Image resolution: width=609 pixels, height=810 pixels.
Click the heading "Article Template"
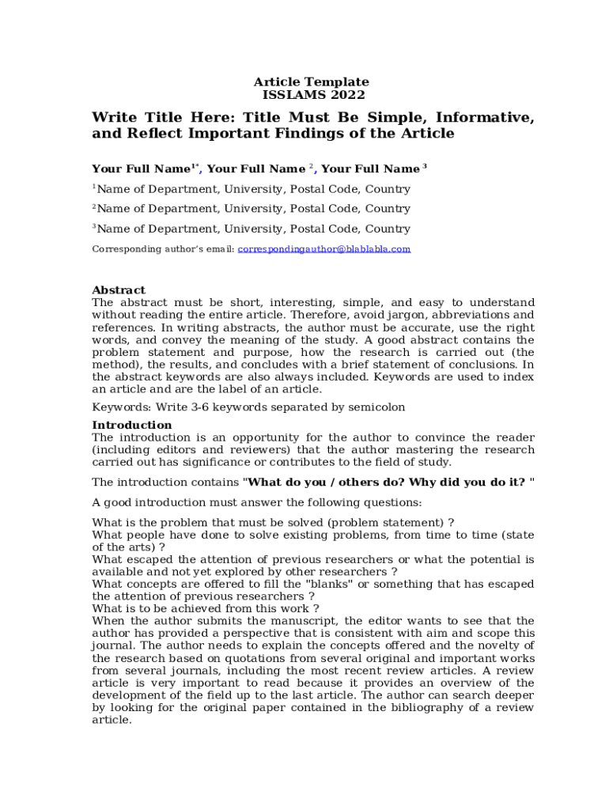tap(311, 82)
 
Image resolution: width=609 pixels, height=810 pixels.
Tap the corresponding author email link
tap(324, 249)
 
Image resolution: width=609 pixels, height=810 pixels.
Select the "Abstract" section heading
tap(119, 290)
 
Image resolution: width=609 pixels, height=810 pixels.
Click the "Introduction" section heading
tap(132, 426)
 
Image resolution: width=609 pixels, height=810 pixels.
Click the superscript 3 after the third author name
tap(425, 166)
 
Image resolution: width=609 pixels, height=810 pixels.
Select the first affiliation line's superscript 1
tap(94, 187)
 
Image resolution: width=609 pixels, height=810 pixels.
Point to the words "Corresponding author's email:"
tap(163, 249)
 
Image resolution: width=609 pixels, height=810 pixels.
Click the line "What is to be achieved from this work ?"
tap(206, 609)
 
